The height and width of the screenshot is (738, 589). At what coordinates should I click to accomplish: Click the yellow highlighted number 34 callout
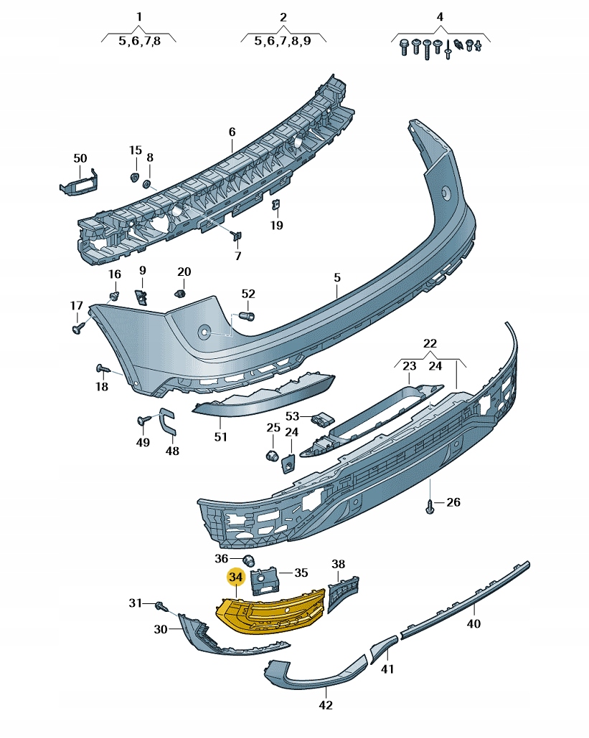click(235, 577)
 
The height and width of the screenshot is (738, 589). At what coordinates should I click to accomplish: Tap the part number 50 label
click(80, 158)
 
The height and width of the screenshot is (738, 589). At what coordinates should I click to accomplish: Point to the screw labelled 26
click(430, 506)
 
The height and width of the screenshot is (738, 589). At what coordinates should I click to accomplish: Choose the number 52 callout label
click(248, 294)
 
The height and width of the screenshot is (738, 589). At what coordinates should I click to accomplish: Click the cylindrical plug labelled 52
click(250, 315)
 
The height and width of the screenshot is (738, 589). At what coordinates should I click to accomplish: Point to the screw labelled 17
click(78, 327)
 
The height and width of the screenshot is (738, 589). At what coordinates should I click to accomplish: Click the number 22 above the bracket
click(430, 343)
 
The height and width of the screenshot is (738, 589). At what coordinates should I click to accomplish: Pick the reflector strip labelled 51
click(265, 398)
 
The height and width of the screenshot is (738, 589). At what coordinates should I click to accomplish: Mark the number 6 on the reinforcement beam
click(232, 132)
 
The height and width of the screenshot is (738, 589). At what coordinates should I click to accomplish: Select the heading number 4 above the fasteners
click(440, 16)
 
